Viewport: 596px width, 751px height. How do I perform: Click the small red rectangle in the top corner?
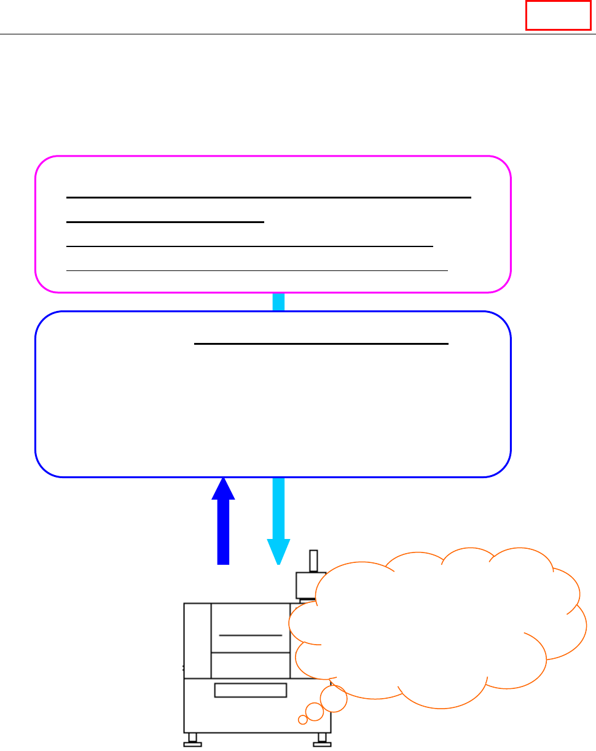click(558, 15)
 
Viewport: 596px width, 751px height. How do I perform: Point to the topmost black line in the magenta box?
click(268, 198)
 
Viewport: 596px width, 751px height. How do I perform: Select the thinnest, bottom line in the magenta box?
click(257, 270)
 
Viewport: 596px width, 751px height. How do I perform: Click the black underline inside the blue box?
click(321, 344)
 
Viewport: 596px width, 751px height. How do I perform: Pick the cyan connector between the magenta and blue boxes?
click(278, 302)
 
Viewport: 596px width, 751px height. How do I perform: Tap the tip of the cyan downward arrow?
click(278, 560)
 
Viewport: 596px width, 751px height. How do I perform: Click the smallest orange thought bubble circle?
click(302, 720)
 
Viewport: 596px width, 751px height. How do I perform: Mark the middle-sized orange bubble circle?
click(315, 712)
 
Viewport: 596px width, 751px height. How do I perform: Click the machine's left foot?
click(193, 740)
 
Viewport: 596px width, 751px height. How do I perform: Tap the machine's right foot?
click(321, 740)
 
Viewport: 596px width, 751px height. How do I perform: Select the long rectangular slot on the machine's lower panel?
click(251, 690)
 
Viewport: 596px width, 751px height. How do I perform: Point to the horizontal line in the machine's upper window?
click(251, 634)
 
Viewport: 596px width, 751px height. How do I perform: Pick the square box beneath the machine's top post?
click(307, 585)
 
